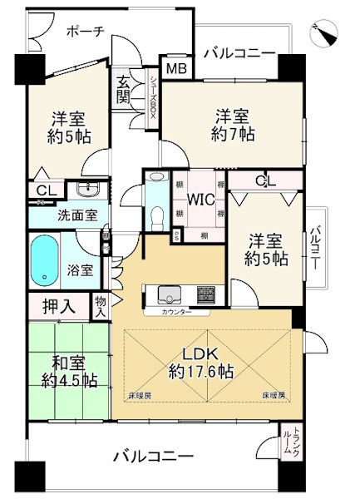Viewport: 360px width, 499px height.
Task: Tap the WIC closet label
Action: click(200, 200)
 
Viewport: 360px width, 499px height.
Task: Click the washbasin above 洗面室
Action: click(87, 189)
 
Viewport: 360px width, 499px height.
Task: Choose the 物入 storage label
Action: click(101, 306)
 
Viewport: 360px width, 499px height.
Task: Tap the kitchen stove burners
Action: click(207, 294)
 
